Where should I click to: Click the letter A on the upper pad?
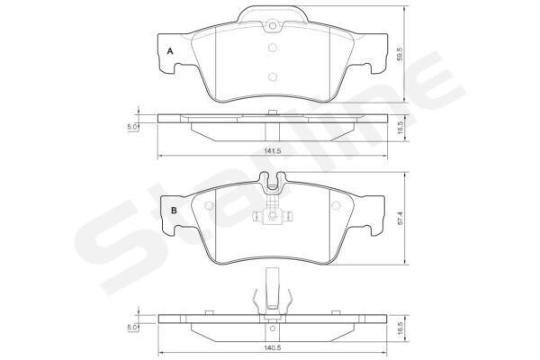click(170, 51)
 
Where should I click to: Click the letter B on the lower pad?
click(174, 210)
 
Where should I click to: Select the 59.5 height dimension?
click(400, 54)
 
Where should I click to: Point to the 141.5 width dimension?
click(272, 150)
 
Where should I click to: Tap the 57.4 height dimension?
click(400, 219)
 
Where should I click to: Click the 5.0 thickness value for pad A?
click(132, 127)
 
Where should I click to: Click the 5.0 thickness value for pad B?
click(132, 328)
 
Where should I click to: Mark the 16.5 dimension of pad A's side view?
click(400, 128)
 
